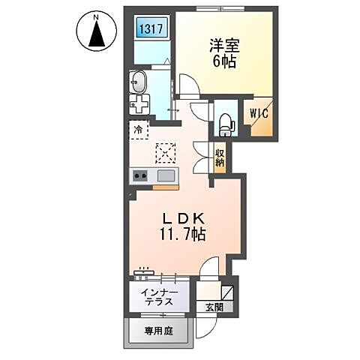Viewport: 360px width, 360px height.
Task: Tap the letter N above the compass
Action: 97,13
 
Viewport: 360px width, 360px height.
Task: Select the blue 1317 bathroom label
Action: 150,30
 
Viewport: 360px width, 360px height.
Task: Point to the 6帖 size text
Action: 223,63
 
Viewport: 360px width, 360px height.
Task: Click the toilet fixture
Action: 226,121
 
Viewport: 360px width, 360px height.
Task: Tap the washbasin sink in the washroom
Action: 139,81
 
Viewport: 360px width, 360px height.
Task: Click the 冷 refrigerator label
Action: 138,130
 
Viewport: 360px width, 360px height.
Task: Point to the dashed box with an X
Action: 164,152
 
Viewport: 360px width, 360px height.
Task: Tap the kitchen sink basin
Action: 166,175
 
